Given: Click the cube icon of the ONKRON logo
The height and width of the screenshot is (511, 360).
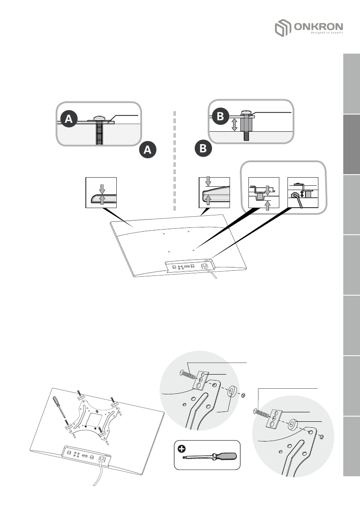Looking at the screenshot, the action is [282, 29].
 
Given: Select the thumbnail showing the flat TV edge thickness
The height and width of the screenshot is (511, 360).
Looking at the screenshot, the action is [101, 191].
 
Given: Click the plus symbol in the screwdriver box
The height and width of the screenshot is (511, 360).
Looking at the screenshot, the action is [182, 449].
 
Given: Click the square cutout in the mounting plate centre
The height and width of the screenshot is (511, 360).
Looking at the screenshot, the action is [95, 416].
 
